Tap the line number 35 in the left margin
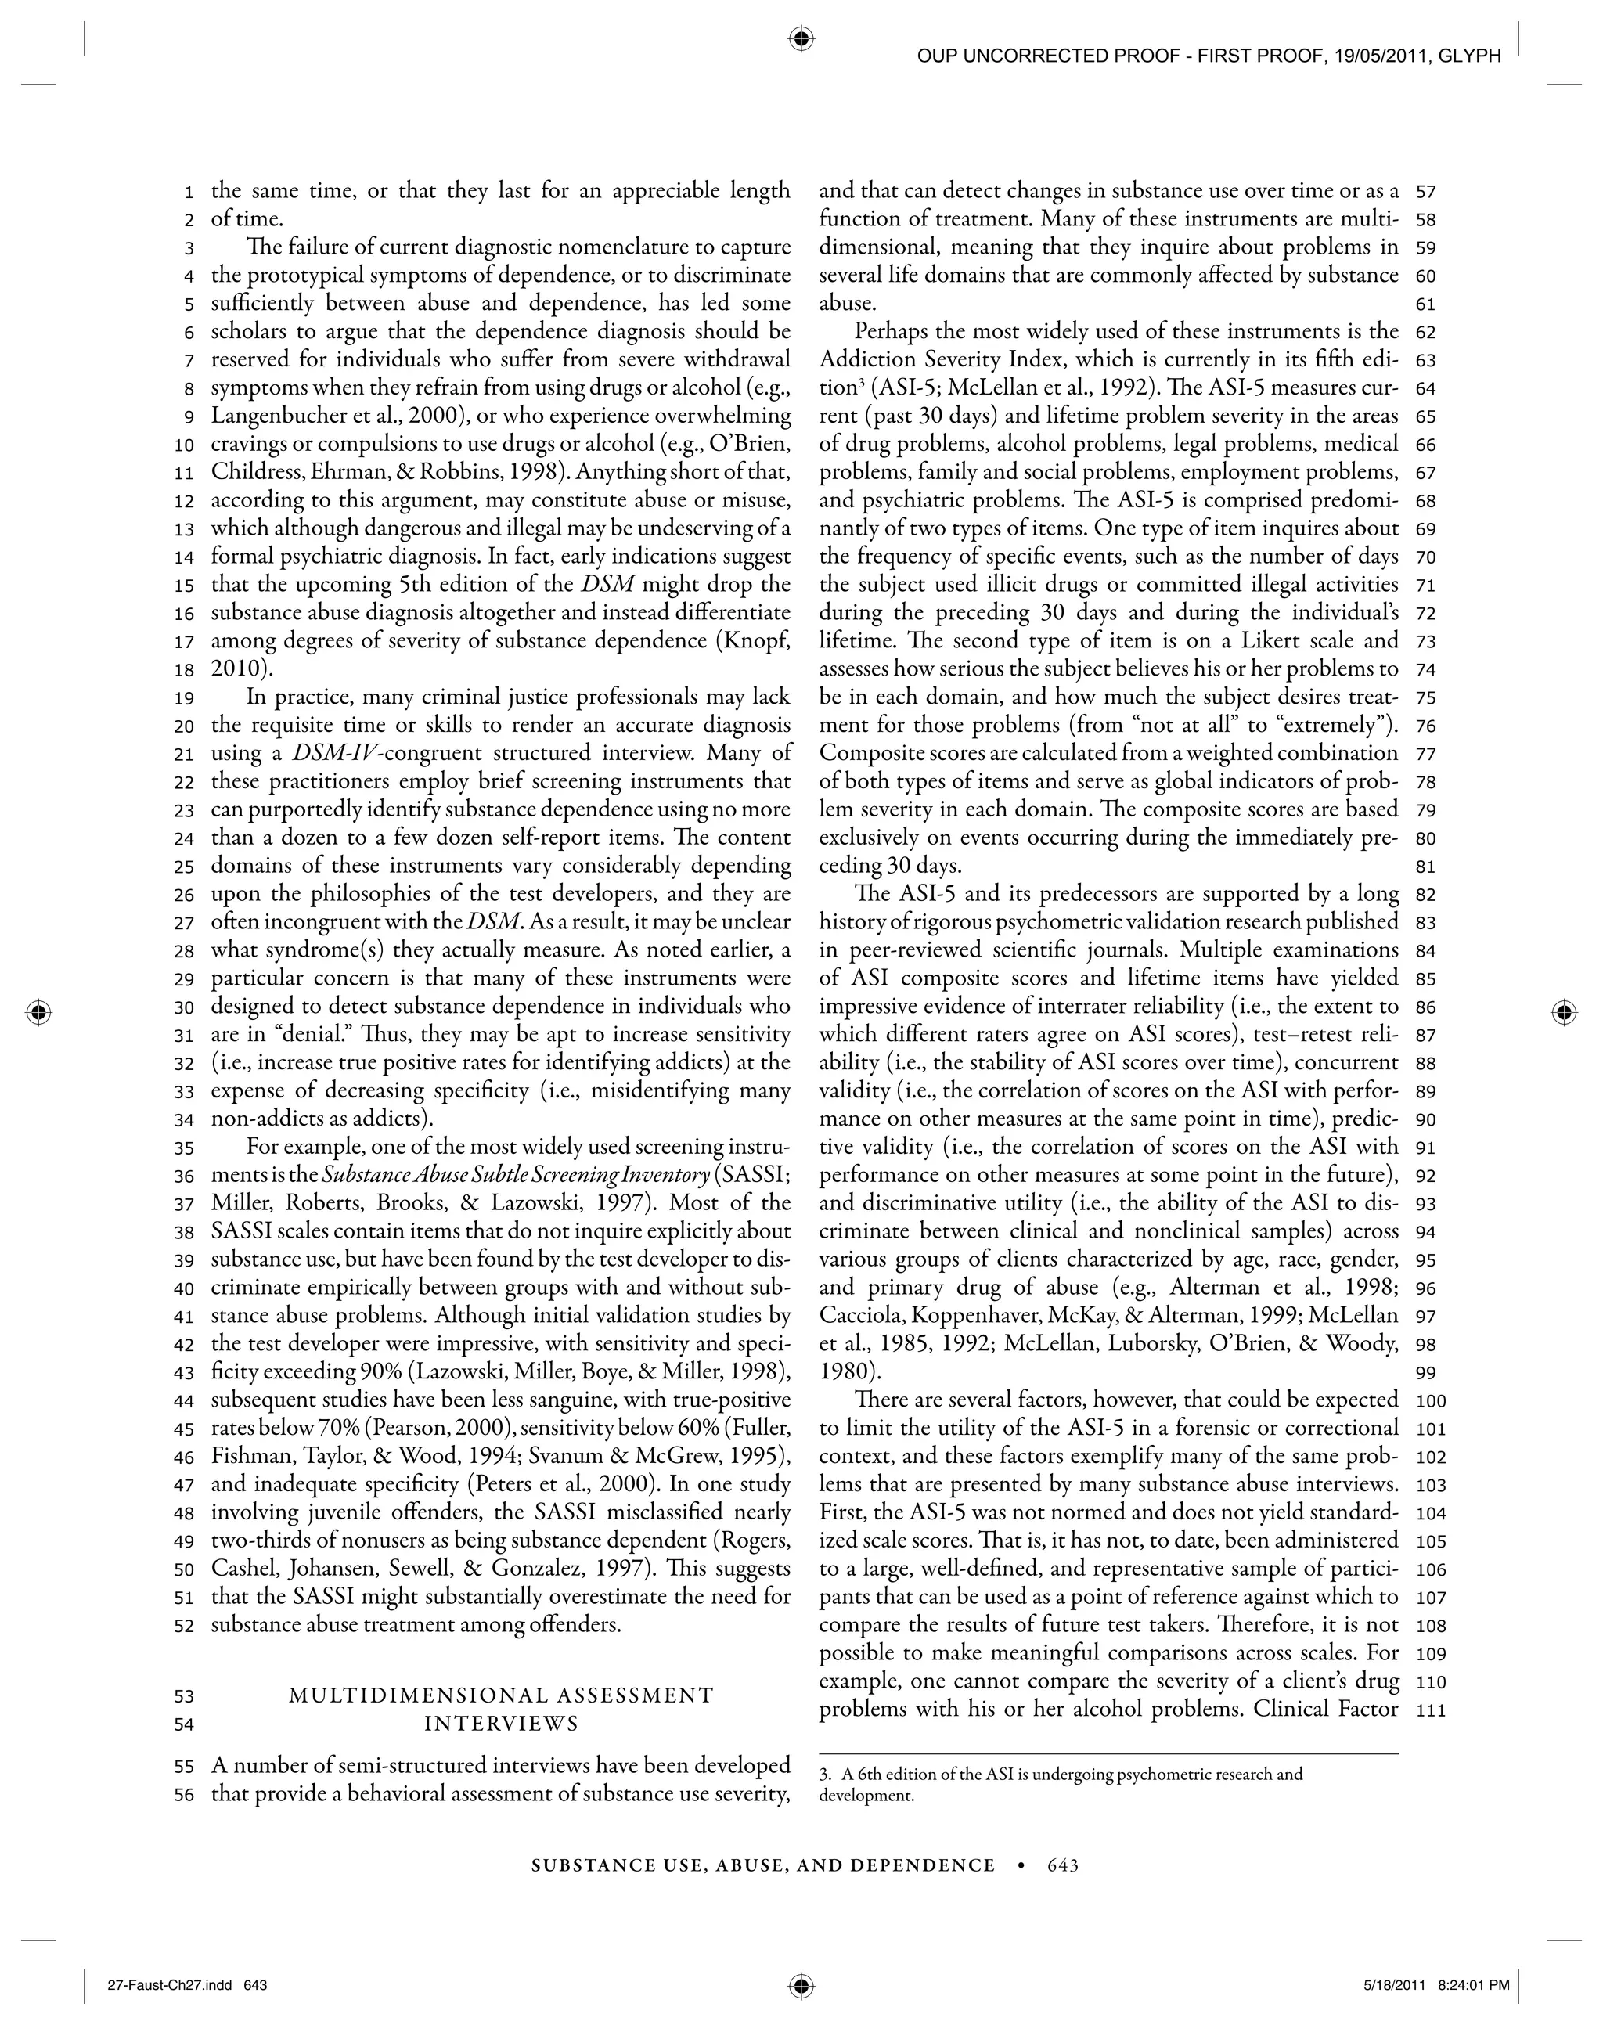(183, 1148)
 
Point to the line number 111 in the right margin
(1430, 1710)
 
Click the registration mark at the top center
(801, 38)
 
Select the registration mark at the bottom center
(801, 1984)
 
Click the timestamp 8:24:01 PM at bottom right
(1474, 1984)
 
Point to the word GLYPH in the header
(1472, 56)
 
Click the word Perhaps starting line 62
(892, 331)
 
